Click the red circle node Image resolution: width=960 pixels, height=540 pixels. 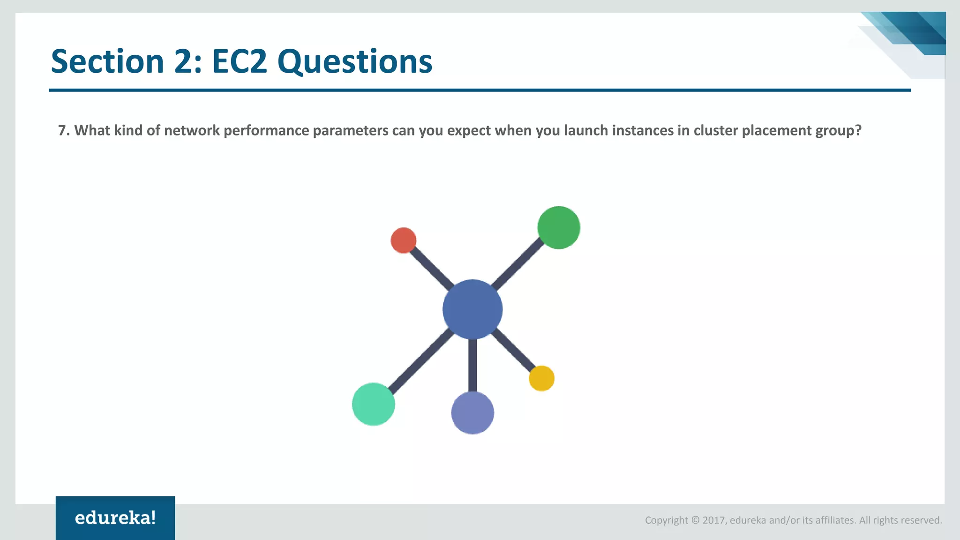pos(403,240)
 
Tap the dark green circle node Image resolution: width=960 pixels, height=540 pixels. pos(558,227)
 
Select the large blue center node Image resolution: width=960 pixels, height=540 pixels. pos(472,309)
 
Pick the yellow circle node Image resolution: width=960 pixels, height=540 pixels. pos(541,378)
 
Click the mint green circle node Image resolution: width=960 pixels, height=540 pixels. pos(373,404)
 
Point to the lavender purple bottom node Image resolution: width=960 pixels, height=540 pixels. pos(472,413)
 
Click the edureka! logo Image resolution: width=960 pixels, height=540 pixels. pos(115,518)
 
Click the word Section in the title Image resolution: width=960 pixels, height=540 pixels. pos(107,61)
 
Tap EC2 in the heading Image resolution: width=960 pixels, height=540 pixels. pos(239,61)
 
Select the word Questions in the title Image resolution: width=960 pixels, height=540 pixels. pos(355,62)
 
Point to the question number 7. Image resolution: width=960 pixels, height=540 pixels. pos(63,130)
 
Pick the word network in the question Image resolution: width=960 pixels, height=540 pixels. pos(192,130)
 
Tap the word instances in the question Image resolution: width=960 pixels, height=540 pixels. pos(643,130)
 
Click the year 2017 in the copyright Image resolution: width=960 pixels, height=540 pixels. pos(714,520)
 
